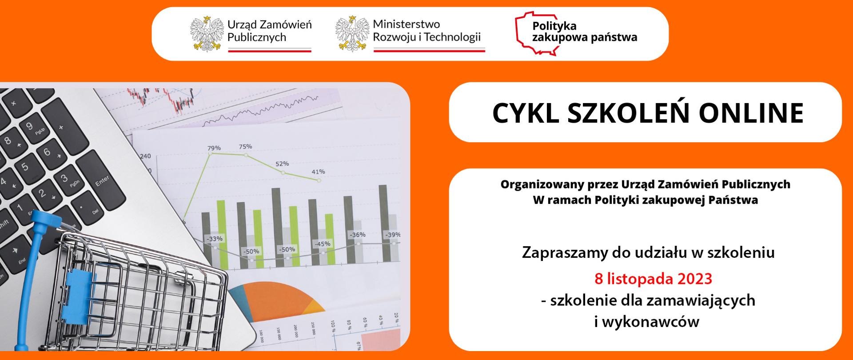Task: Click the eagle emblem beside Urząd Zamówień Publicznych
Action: point(207,34)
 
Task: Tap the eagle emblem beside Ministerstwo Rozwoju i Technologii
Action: point(352,34)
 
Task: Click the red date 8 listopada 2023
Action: point(653,279)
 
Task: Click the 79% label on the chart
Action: point(214,148)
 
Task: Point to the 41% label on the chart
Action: point(318,172)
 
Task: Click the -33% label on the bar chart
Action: point(215,239)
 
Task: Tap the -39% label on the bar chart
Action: point(392,235)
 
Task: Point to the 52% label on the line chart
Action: point(282,164)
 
